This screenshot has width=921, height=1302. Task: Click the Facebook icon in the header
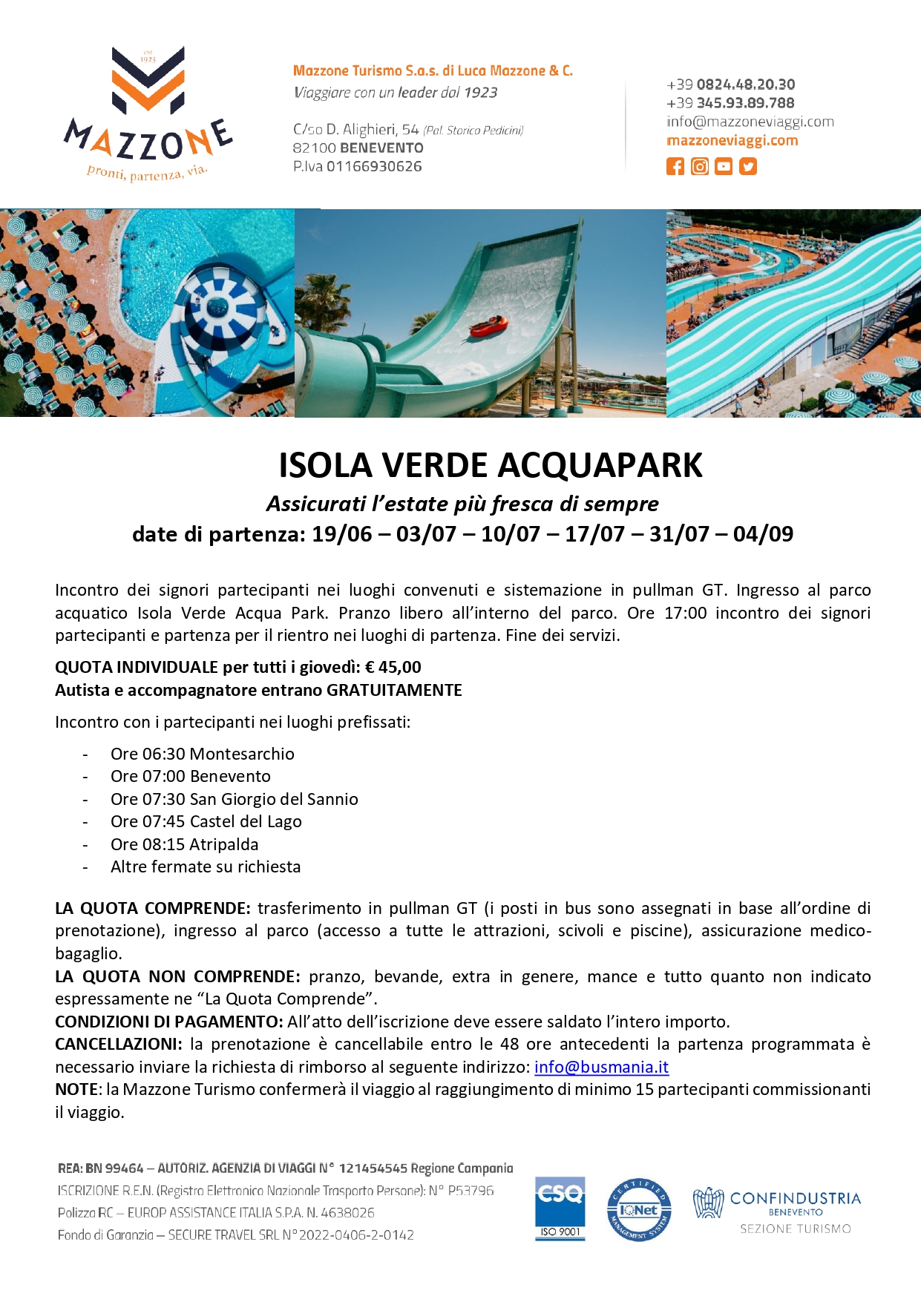coord(675,166)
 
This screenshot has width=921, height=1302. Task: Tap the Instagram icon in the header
coord(699,166)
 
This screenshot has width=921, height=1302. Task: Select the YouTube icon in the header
coord(724,166)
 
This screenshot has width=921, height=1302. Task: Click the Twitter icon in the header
coord(748,166)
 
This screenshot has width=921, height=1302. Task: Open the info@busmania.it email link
coord(601,1067)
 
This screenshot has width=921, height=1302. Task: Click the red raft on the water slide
coord(488,326)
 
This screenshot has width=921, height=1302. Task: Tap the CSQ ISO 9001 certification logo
coord(560,1208)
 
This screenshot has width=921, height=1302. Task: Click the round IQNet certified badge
coord(639,1210)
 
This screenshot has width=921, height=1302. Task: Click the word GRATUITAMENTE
coord(394,690)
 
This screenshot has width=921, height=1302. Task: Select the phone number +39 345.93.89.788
coord(730,103)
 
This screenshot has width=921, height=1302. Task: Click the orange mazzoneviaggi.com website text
coord(732,140)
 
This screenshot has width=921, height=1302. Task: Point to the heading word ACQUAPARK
coord(599,465)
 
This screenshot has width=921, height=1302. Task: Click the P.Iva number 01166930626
coord(374,166)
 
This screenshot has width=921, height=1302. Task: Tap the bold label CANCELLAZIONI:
coord(118,1044)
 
